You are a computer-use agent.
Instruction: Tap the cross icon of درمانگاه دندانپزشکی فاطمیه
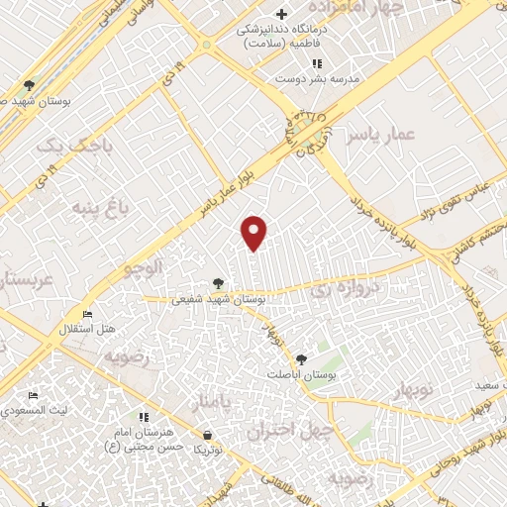pos(282,14)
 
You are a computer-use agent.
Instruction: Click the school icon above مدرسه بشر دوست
pos(317,62)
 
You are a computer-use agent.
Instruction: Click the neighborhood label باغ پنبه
pos(100,209)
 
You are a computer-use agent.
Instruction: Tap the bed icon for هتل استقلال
pos(88,315)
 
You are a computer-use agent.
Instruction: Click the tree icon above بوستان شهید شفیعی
pos(219,283)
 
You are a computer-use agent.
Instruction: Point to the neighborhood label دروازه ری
pos(340,289)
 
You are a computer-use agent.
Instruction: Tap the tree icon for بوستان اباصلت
pos(301,359)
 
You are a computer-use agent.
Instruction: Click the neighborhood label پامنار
pos(215,401)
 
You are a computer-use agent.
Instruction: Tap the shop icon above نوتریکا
pos(207,436)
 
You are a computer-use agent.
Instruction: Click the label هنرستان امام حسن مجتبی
pos(146,441)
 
